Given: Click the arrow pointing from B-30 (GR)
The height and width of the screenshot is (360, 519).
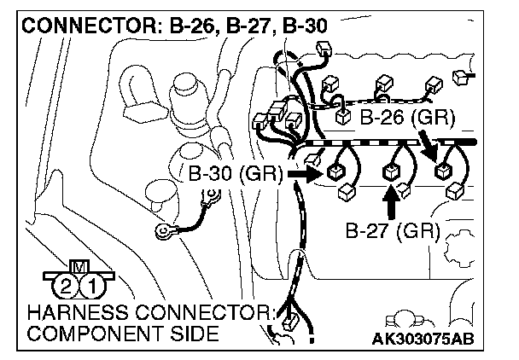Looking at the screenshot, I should pyautogui.click(x=303, y=174).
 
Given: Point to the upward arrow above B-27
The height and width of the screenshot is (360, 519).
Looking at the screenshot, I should pyautogui.click(x=392, y=204).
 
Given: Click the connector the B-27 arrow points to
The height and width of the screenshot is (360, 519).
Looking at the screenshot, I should pyautogui.click(x=392, y=173).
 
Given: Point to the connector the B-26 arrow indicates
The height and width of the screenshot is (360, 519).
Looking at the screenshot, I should pyautogui.click(x=444, y=171).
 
